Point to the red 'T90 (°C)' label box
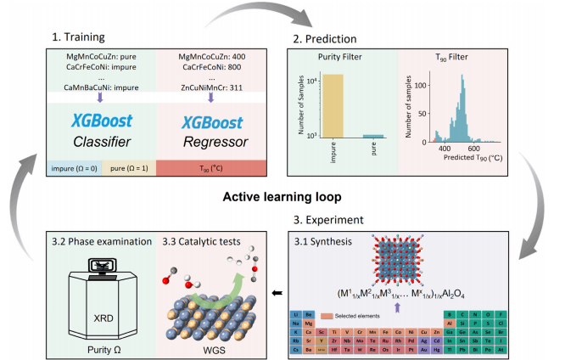(212, 167)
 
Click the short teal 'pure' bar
(374, 136)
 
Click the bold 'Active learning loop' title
(282, 198)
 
